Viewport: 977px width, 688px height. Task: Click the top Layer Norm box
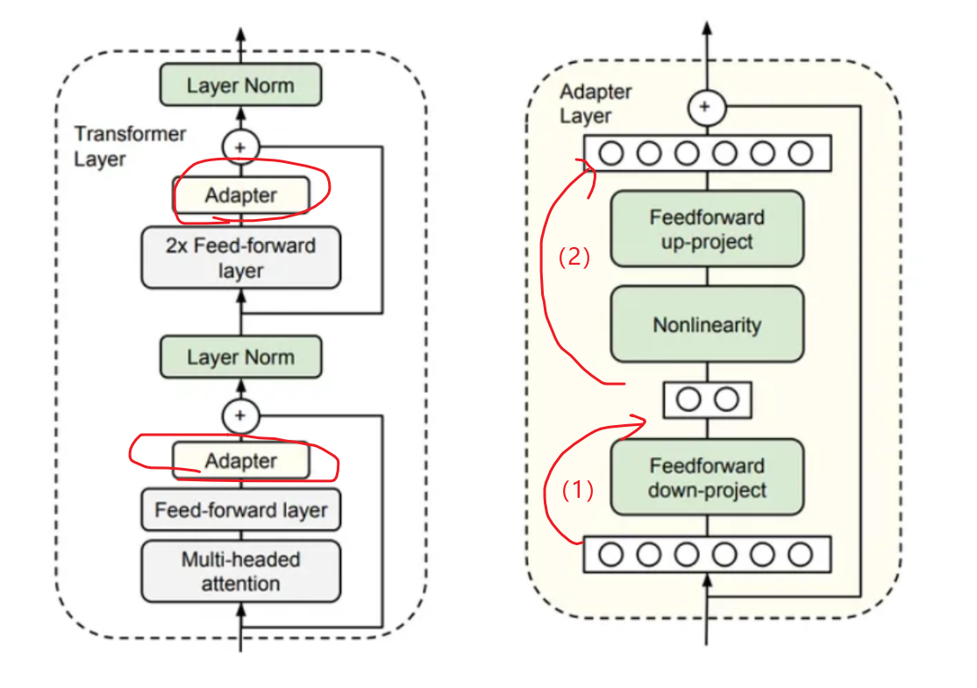pos(241,85)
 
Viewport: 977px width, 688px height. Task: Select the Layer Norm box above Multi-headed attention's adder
pos(241,357)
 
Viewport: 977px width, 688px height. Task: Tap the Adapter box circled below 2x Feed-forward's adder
pos(241,195)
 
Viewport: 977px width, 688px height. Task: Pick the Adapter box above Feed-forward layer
pos(241,461)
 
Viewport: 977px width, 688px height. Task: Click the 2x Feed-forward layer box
pos(241,258)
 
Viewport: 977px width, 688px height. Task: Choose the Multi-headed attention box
pos(241,571)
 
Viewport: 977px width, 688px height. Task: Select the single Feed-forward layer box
pos(241,510)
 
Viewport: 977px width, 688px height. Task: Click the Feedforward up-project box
pos(707,229)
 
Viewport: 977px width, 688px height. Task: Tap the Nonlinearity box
pos(707,324)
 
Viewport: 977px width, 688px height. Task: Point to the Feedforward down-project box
pos(707,478)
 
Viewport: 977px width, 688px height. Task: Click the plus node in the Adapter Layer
pos(707,107)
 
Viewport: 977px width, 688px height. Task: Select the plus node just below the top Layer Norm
pos(240,147)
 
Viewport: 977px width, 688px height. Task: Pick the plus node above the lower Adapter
pos(240,416)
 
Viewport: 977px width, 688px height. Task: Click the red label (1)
pos(578,491)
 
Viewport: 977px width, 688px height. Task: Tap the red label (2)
pos(574,257)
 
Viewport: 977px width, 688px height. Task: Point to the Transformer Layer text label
pos(130,146)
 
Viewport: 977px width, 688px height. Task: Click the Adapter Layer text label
pos(595,103)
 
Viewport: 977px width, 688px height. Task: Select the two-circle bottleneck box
pos(707,400)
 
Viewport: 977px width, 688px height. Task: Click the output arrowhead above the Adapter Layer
pos(707,28)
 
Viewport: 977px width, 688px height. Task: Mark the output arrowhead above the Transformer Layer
pos(241,35)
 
